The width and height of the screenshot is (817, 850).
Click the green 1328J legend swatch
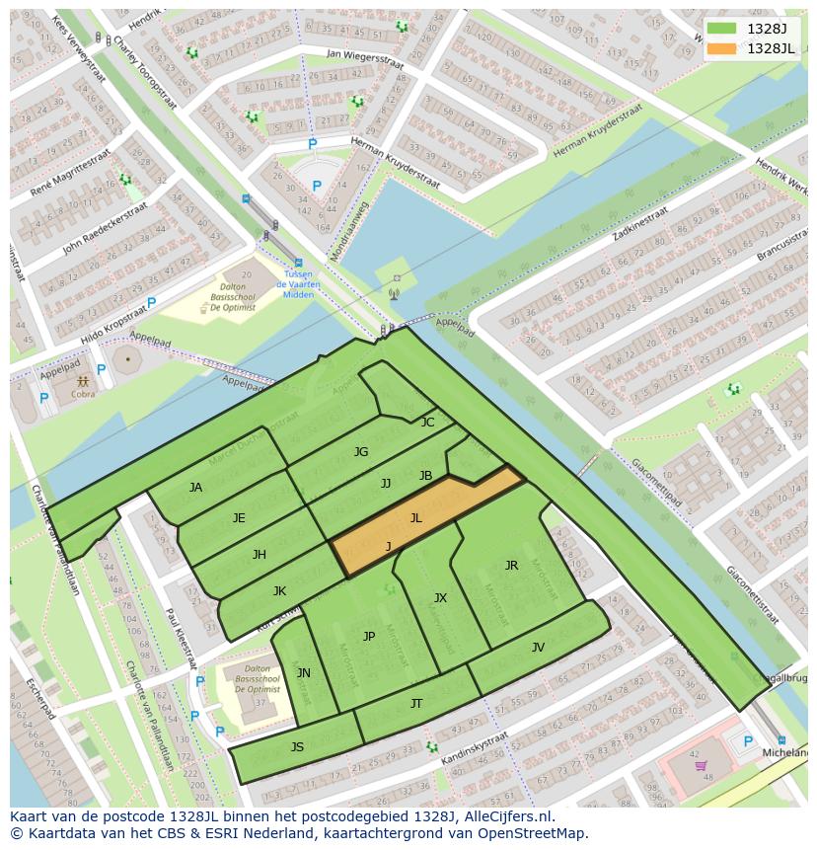tap(722, 29)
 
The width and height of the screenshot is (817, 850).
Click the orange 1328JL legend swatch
tap(722, 48)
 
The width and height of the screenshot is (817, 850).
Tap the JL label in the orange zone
tap(416, 517)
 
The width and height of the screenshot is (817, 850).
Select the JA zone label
tap(195, 488)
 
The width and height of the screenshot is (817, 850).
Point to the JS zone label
tap(297, 747)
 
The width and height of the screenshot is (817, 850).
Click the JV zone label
tap(538, 648)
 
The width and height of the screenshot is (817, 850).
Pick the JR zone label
tap(511, 566)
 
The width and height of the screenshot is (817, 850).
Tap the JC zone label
tap(427, 423)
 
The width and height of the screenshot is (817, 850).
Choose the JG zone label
tap(361, 452)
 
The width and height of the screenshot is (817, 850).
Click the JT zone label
tap(416, 704)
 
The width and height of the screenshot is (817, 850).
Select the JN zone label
tap(304, 673)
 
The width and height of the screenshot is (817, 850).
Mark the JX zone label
tap(440, 598)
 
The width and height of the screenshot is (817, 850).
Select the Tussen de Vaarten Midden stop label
tap(297, 284)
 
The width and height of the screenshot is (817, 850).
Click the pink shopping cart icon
tap(701, 765)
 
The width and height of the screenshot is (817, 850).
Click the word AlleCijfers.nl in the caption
tap(500, 816)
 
